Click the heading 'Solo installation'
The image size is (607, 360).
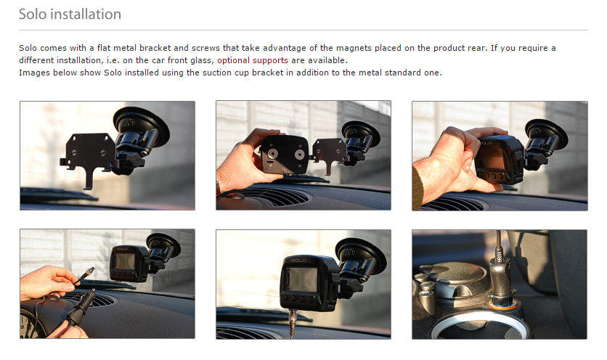[x=70, y=15]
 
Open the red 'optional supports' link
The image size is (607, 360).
[x=253, y=60]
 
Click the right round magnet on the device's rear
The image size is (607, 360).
[x=299, y=155]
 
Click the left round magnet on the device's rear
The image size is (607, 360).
[x=272, y=154]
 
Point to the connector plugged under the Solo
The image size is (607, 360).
[x=293, y=322]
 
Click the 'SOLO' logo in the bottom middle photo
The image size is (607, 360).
[x=299, y=260]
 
